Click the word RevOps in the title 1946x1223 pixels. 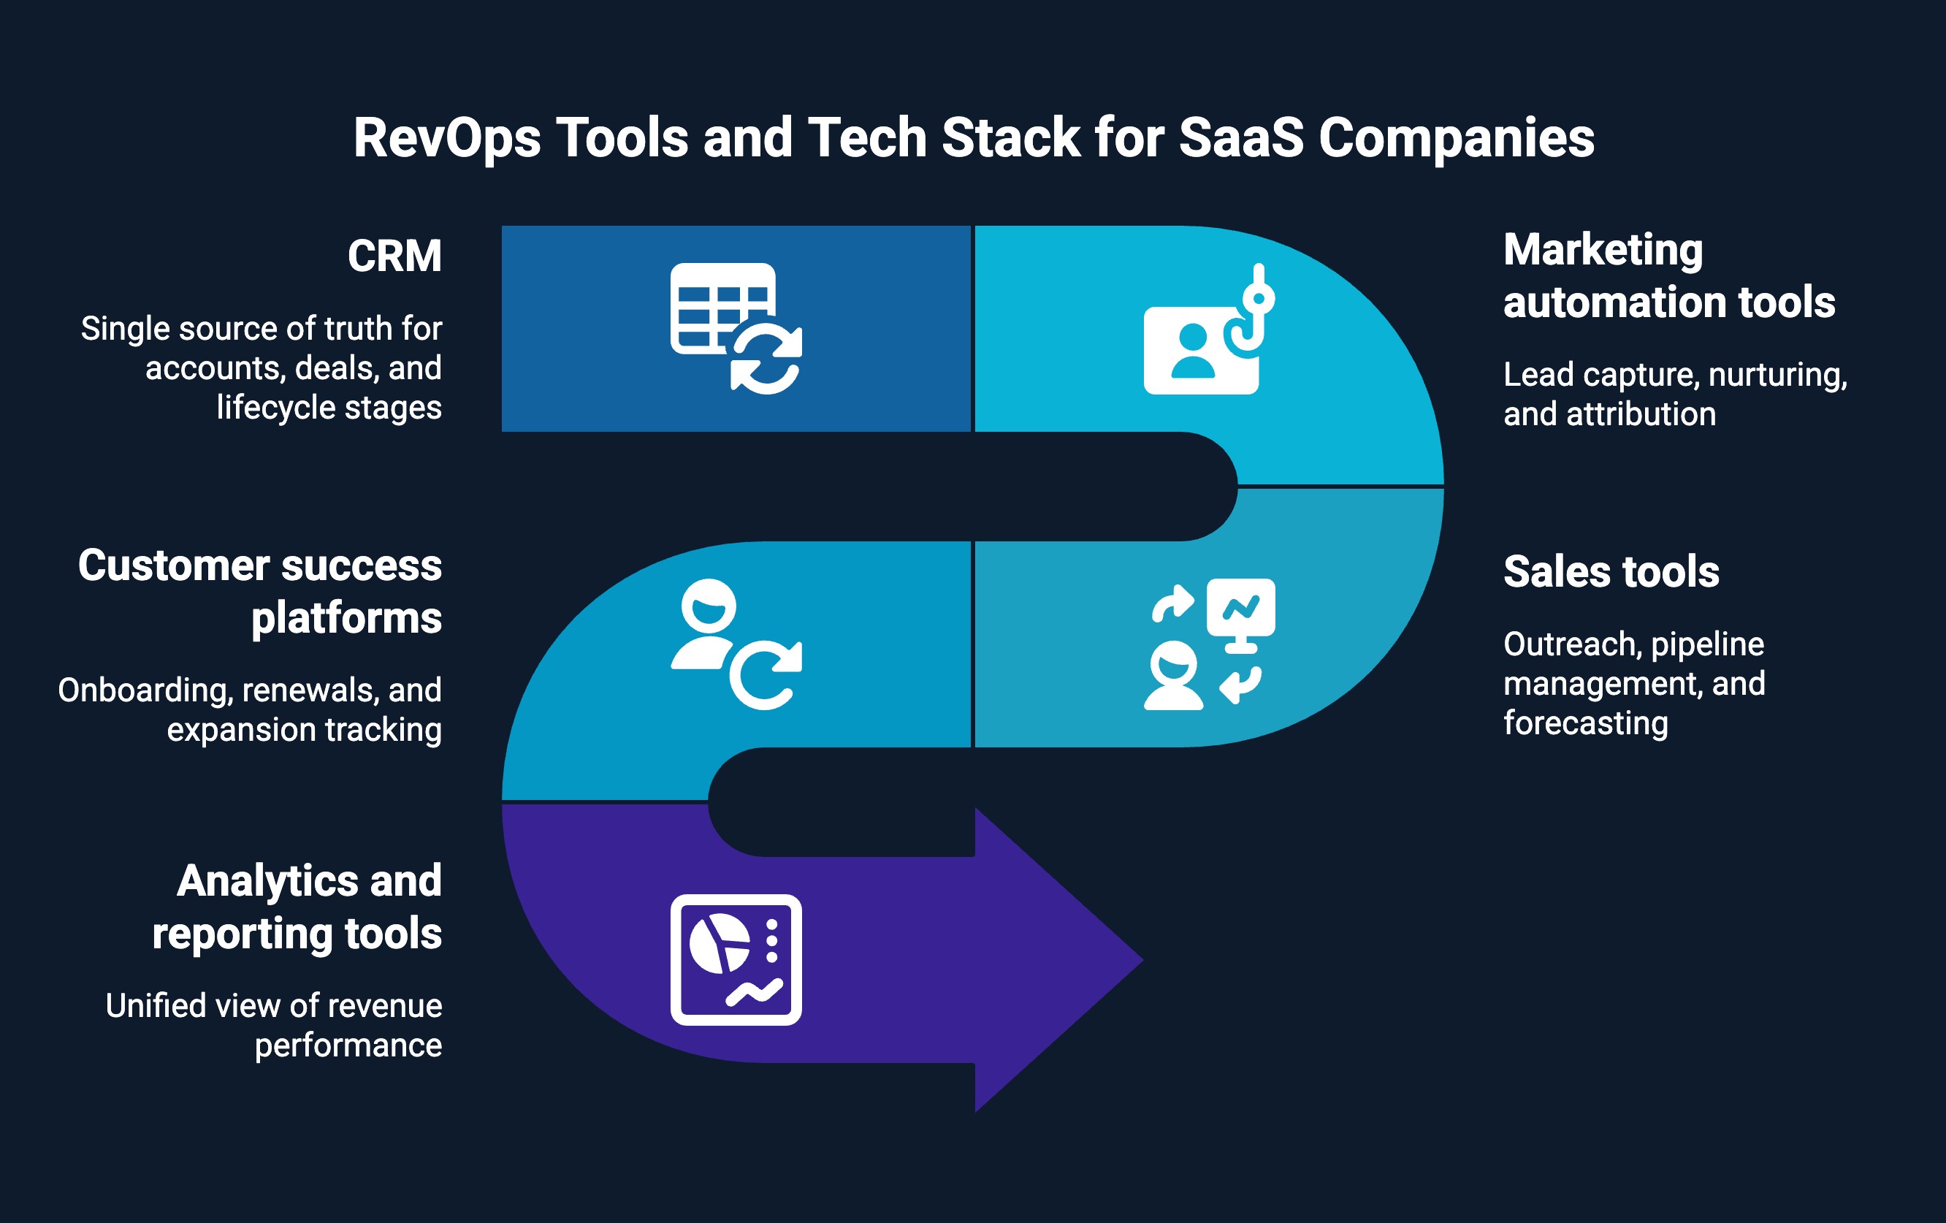[446, 137]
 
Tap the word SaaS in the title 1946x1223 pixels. [1240, 137]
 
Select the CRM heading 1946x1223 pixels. [394, 256]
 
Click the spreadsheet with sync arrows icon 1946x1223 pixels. [736, 328]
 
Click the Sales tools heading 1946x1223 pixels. [1611, 571]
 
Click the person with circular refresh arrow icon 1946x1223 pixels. [736, 644]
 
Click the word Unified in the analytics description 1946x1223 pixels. [156, 1005]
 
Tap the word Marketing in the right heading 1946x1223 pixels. [1603, 249]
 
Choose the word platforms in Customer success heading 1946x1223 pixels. [346, 618]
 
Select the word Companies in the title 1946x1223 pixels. [1457, 137]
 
